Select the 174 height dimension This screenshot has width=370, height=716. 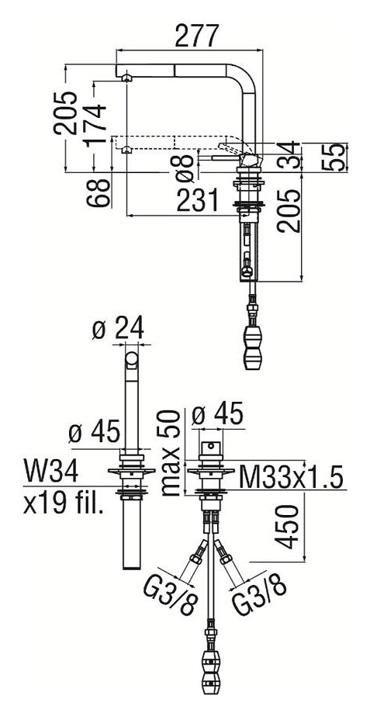click(95, 125)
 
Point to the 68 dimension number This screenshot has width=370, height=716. click(99, 193)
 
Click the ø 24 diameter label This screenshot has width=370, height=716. click(118, 328)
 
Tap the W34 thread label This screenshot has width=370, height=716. click(50, 472)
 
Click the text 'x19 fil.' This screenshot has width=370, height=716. click(63, 503)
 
